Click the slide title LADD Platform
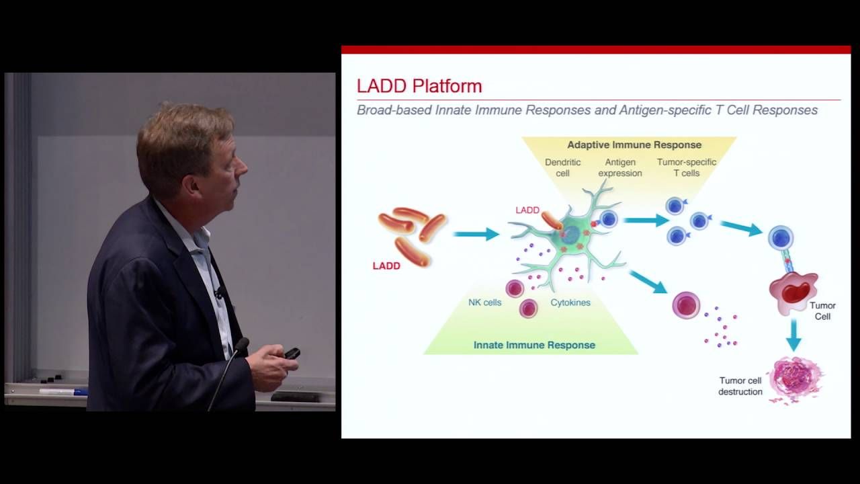pos(419,86)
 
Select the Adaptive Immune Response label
pos(634,145)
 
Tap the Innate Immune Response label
pos(534,345)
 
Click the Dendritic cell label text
pos(562,167)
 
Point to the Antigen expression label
pos(619,167)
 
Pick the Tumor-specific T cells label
pos(686,167)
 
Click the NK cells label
pos(484,302)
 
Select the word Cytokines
pos(570,302)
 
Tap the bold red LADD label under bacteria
pos(386,266)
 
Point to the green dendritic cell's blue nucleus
pos(570,235)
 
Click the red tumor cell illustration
pos(793,291)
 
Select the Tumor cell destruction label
pos(740,386)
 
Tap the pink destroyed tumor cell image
pos(795,379)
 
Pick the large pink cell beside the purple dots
pos(686,305)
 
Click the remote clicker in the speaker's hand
pos(292,354)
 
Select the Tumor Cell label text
pos(822,311)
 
